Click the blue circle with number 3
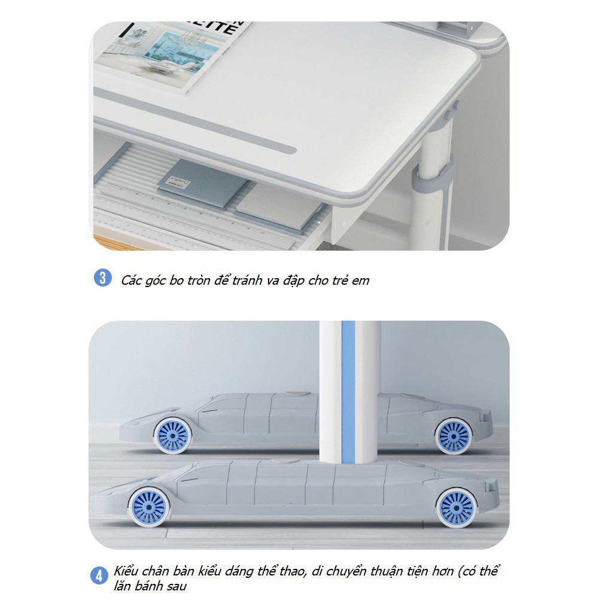pos(102,278)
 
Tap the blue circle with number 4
pos(99,576)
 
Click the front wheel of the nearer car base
pos(149,507)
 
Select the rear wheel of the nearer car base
pos(457,508)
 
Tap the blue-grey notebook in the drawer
pos(203,182)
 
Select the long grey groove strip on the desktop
pos(195,120)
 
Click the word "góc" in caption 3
pos(156,281)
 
